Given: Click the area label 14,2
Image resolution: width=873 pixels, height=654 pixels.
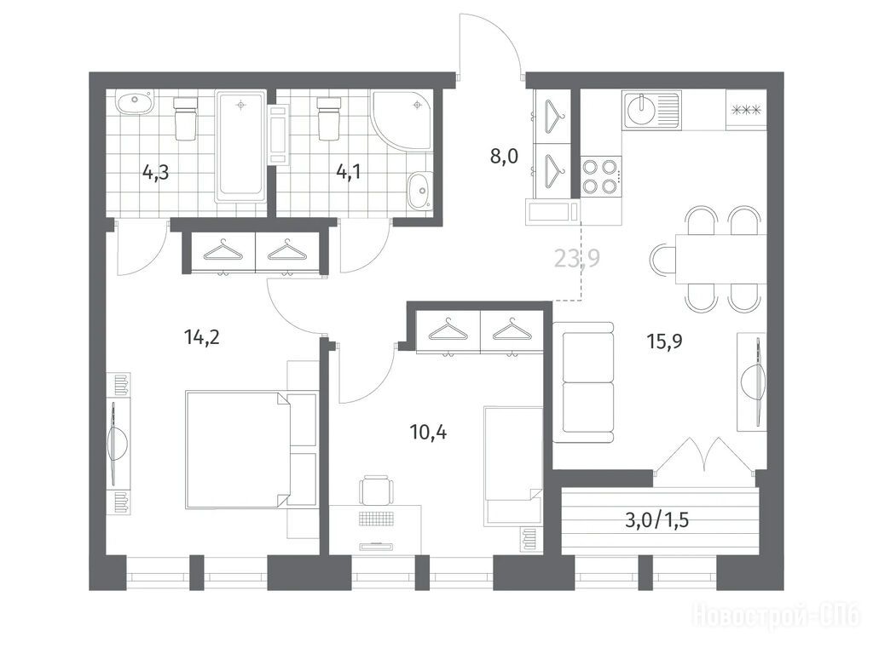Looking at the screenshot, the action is pos(201,337).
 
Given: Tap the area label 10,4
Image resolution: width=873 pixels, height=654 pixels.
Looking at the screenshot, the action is pos(428,432).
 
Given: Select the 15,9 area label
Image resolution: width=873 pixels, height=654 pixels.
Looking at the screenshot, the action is pos(664,341).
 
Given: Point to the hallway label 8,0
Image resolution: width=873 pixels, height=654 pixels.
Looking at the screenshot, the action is pos(504,157).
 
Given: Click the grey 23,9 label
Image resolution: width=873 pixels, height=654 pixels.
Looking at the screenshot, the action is pos(577,258).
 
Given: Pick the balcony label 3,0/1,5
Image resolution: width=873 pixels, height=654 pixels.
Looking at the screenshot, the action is pos(657,520).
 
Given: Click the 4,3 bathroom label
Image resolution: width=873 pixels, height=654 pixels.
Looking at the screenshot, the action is pos(155,172).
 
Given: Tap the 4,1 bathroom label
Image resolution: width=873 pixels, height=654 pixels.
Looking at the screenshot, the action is pos(348,172).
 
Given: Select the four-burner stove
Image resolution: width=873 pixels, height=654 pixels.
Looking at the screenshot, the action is pos(601,176).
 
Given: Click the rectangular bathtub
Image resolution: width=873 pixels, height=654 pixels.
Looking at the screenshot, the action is pos(240,146).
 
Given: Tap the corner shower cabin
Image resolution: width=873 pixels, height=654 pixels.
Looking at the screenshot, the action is pos(402,121).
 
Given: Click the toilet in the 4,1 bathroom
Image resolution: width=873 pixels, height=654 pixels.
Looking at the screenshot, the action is pos(329,118).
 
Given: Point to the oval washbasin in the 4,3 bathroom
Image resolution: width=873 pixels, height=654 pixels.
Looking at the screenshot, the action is pos(134,104).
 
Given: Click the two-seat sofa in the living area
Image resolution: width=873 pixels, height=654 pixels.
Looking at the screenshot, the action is pos(583,382).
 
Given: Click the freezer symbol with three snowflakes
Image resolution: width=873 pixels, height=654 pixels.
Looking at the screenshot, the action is pos(746,110).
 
